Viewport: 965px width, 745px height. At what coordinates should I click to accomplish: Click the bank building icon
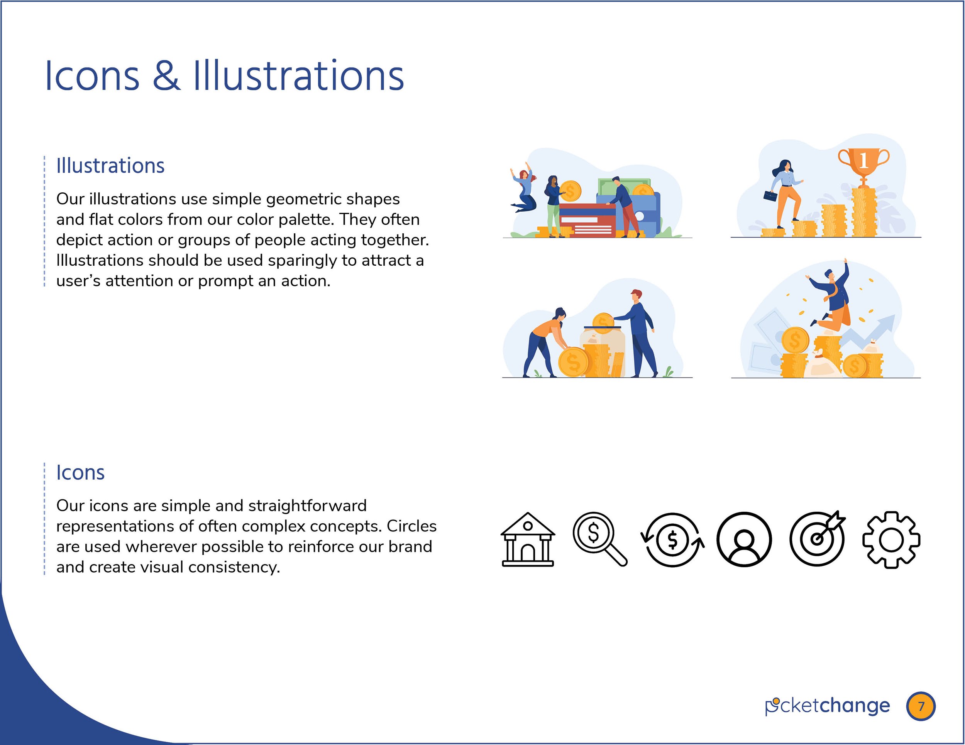(x=528, y=539)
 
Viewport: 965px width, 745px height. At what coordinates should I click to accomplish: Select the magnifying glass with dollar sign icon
(x=599, y=539)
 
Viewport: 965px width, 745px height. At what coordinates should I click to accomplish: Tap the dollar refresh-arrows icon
(x=672, y=540)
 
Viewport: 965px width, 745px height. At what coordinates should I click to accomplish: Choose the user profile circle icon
(x=744, y=539)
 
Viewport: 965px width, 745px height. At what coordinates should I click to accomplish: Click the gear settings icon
(x=891, y=540)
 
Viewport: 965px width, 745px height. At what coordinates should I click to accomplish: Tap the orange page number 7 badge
(x=921, y=706)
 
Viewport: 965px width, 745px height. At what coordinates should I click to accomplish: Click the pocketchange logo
(x=827, y=706)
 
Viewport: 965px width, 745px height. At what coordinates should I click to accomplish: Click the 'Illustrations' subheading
(x=110, y=166)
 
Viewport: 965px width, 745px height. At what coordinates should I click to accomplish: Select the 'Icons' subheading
(x=80, y=473)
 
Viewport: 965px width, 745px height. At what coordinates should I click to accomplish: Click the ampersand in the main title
(x=167, y=76)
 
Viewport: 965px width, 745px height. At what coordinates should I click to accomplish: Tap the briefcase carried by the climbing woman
(x=770, y=196)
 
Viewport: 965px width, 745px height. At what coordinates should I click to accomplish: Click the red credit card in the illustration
(x=587, y=221)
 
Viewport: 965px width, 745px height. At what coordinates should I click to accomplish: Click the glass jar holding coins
(x=602, y=351)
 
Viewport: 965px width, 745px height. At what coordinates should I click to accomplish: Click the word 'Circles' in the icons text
(x=412, y=526)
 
